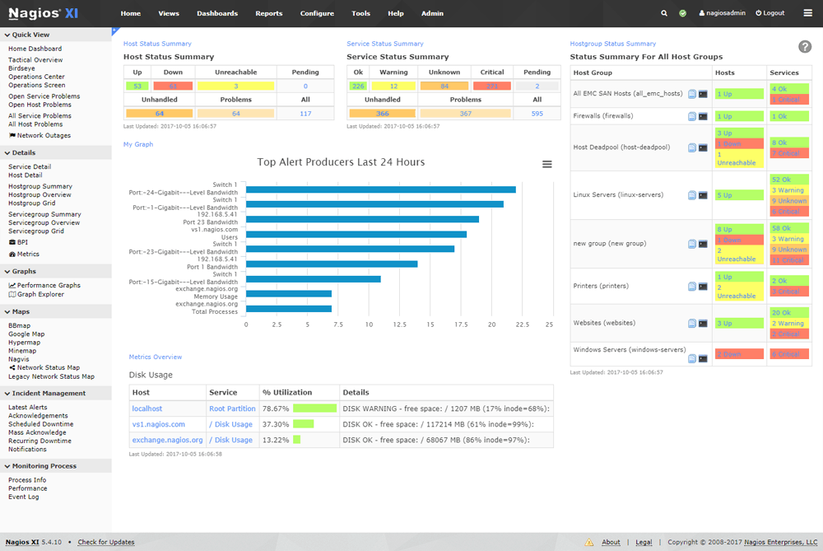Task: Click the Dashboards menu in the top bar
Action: pyautogui.click(x=217, y=13)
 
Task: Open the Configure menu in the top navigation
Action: pyautogui.click(x=317, y=13)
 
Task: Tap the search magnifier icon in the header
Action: pyautogui.click(x=664, y=13)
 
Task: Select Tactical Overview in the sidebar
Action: pyautogui.click(x=35, y=60)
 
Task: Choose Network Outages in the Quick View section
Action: pyautogui.click(x=44, y=136)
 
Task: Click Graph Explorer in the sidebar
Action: pyautogui.click(x=40, y=294)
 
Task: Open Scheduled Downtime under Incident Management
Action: pyautogui.click(x=40, y=424)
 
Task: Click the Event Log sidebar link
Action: pyautogui.click(x=23, y=497)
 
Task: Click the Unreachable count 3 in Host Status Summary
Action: pyautogui.click(x=235, y=86)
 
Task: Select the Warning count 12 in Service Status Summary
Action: pyautogui.click(x=393, y=86)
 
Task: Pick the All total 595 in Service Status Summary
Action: pyautogui.click(x=537, y=114)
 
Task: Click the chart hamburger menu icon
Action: pyautogui.click(x=547, y=165)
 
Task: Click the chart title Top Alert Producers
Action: pyautogui.click(x=341, y=162)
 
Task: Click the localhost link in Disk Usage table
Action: pyautogui.click(x=147, y=409)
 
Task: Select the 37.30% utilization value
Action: pyautogui.click(x=274, y=424)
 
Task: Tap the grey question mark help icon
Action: pyautogui.click(x=805, y=47)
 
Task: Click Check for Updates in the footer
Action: pyautogui.click(x=106, y=542)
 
